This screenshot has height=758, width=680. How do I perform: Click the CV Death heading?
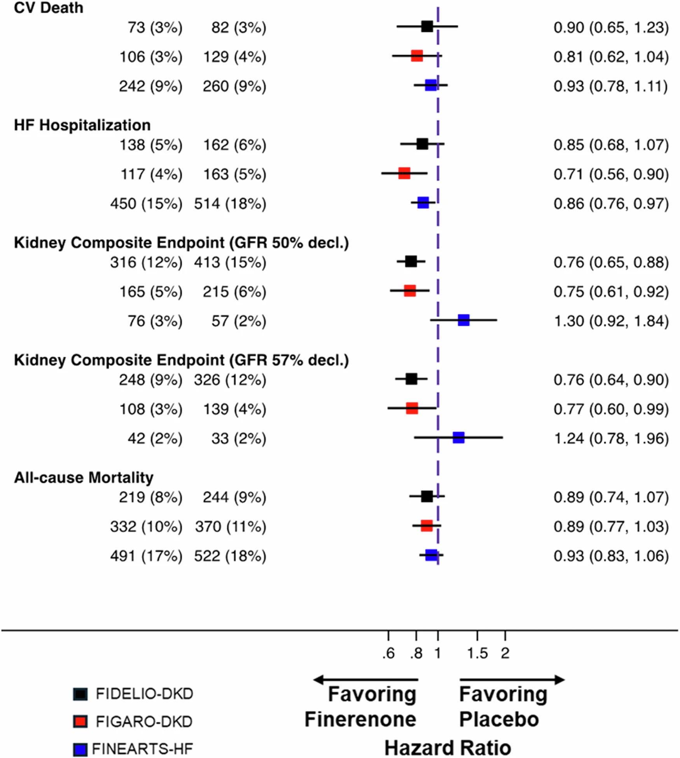pyautogui.click(x=49, y=8)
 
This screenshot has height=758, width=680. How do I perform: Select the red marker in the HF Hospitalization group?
pyautogui.click(x=404, y=173)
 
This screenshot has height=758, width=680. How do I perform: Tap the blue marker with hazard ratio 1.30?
pyautogui.click(x=463, y=320)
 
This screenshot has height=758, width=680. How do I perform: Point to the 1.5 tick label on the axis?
pyautogui.click(x=477, y=653)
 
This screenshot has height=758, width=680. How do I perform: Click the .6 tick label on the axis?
pyautogui.click(x=388, y=653)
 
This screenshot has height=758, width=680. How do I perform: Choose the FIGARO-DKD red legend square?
pyautogui.click(x=80, y=721)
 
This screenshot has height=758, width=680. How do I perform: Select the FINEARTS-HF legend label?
pyautogui.click(x=142, y=749)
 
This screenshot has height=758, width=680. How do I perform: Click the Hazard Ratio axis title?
pyautogui.click(x=448, y=748)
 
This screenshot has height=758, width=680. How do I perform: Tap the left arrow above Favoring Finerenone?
pyautogui.click(x=365, y=680)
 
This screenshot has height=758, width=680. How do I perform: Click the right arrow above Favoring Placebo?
pyautogui.click(x=512, y=680)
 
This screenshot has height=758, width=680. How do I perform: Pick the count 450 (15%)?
pyautogui.click(x=146, y=204)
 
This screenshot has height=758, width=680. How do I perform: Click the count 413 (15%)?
pyautogui.click(x=230, y=262)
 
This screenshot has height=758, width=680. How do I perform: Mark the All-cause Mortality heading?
pyautogui.click(x=84, y=477)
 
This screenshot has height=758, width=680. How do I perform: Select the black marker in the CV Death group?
pyautogui.click(x=427, y=26)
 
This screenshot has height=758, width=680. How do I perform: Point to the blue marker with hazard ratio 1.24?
pyautogui.click(x=458, y=437)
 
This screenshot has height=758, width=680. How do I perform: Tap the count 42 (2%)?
pyautogui.click(x=155, y=438)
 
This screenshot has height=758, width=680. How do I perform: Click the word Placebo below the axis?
pyautogui.click(x=499, y=719)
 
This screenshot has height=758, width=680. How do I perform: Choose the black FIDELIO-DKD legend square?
pyautogui.click(x=80, y=694)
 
